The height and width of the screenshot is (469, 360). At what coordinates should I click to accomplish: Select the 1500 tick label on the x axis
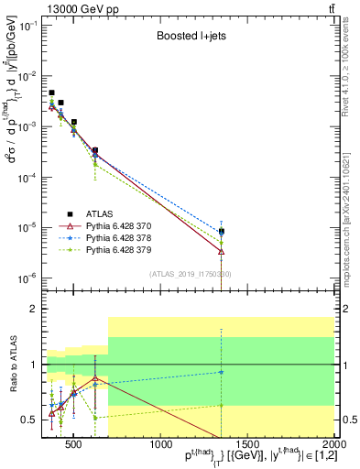pyautogui.click(x=247, y=445)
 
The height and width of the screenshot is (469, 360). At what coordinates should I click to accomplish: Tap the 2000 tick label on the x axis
pyautogui.click(x=333, y=445)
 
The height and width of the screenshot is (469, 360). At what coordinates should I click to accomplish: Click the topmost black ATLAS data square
pyautogui.click(x=52, y=93)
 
